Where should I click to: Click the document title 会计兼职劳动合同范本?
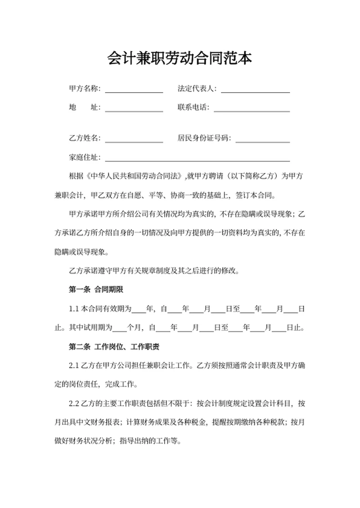(180, 58)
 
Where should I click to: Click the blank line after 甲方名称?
(134, 90)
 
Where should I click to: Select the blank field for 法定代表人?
(255, 90)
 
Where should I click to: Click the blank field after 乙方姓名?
(134, 139)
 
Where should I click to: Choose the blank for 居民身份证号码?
(262, 139)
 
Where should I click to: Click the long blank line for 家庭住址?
(197, 158)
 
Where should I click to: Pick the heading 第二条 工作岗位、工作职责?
(115, 347)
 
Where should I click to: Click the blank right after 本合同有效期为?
(139, 309)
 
